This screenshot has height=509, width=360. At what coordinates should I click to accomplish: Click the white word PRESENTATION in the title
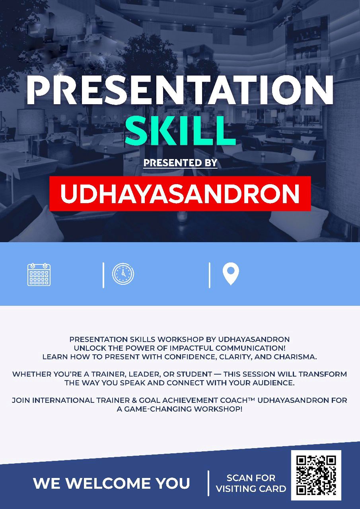coord(180,90)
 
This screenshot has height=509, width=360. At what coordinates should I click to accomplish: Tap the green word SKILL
coord(180,131)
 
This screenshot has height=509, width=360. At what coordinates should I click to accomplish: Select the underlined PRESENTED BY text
coord(181,163)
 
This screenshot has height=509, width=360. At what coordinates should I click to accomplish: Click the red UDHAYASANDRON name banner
coord(180,193)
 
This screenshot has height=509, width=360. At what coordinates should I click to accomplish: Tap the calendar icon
coord(39,274)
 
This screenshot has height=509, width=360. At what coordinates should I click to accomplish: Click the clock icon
coord(123,274)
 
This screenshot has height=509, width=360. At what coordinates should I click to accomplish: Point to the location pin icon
coord(231,274)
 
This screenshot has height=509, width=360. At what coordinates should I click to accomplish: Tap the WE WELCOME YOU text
coord(111,483)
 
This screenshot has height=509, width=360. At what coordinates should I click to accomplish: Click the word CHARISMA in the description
coord(295,357)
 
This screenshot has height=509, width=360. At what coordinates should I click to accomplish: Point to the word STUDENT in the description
coord(194,374)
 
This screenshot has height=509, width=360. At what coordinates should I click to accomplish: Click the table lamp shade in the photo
coord(31,122)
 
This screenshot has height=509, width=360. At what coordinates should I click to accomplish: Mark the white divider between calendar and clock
coord(103,275)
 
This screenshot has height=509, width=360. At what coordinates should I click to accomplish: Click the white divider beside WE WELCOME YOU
coord(208,483)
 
